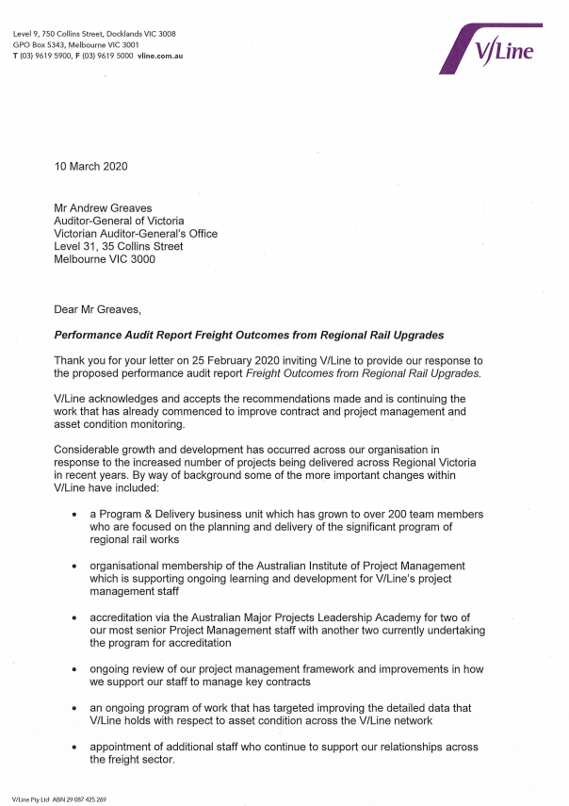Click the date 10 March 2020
tap(90, 167)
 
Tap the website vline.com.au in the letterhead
tap(159, 57)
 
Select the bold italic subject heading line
tap(249, 335)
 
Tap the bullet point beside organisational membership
tap(74, 567)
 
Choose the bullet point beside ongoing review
tap(74, 669)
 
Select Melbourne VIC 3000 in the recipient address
tap(105, 259)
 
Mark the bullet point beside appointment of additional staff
tap(74, 747)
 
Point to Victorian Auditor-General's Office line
tap(136, 234)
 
